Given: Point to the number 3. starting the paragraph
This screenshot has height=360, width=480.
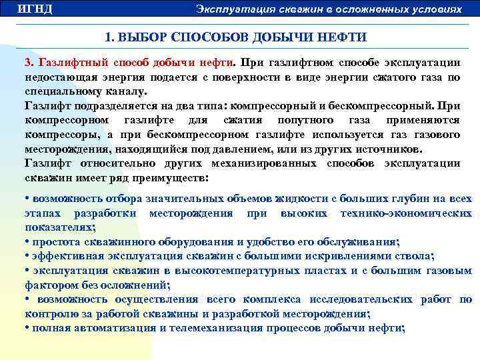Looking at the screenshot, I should (x=29, y=63).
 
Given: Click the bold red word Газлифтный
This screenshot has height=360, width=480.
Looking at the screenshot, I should (x=69, y=63).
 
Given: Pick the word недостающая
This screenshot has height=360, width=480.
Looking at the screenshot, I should (x=57, y=77).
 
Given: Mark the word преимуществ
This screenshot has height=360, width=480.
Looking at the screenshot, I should (x=170, y=179).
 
